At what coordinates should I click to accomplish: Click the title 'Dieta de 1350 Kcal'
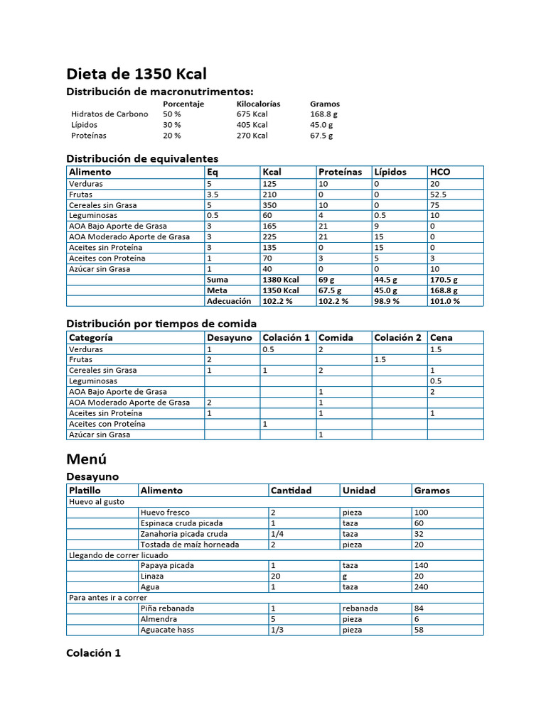(x=136, y=74)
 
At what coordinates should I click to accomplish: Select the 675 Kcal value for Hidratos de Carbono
(x=252, y=114)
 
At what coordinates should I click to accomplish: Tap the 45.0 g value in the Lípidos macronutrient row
(x=323, y=124)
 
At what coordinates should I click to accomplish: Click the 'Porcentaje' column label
(x=183, y=104)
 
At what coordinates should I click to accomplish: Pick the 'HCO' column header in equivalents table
(x=440, y=172)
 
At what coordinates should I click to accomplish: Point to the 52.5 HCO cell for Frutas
(x=439, y=194)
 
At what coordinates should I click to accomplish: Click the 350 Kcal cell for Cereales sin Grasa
(x=269, y=204)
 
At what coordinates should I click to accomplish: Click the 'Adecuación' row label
(x=229, y=301)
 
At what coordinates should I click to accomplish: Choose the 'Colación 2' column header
(x=397, y=338)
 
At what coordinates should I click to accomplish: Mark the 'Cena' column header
(x=441, y=338)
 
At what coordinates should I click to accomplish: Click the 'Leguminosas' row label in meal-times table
(x=93, y=381)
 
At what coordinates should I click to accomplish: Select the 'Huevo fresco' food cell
(x=165, y=513)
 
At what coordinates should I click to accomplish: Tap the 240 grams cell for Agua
(x=421, y=587)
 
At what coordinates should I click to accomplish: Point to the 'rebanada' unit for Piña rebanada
(x=360, y=608)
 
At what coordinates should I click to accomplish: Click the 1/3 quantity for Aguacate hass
(x=277, y=630)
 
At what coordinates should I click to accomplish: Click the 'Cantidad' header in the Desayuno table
(x=291, y=491)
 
